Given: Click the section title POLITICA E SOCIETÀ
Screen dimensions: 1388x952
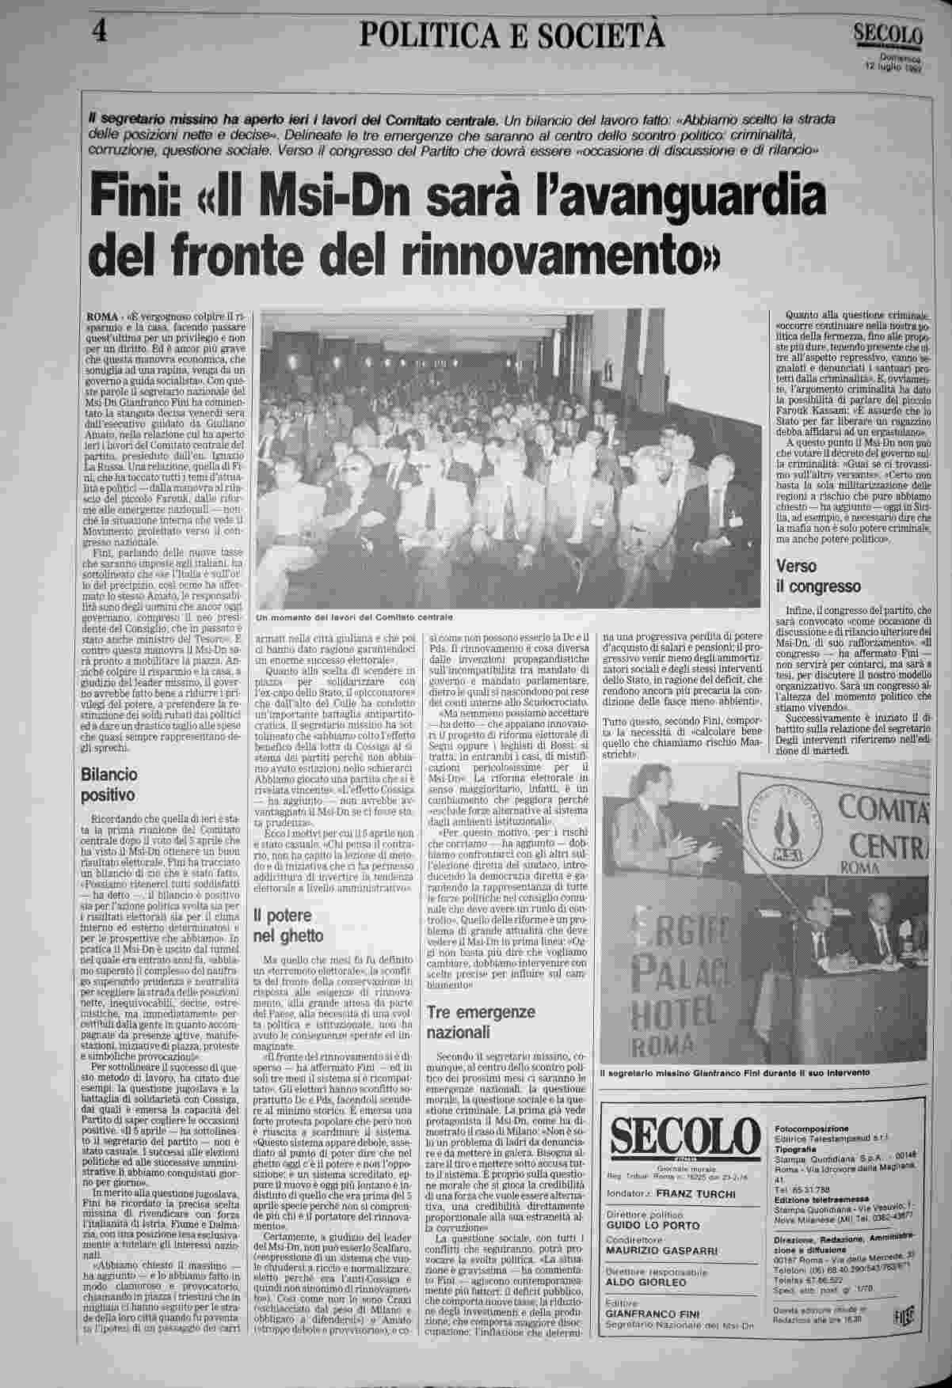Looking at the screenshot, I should coord(512,34).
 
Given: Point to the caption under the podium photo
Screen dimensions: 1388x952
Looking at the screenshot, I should coord(734,1072).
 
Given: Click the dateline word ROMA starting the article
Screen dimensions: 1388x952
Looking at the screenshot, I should coord(98,317).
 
